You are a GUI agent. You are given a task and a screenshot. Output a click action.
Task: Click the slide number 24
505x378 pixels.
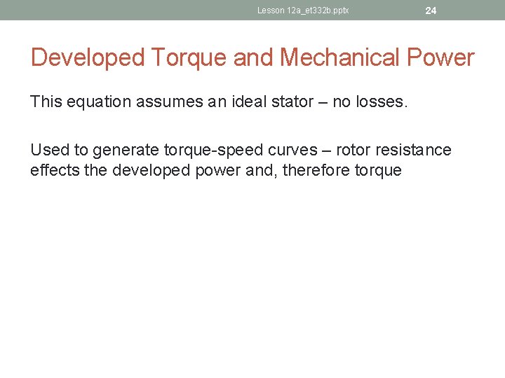[x=431, y=10]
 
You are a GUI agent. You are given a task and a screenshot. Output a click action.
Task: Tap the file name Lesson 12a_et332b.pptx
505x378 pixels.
[x=303, y=10]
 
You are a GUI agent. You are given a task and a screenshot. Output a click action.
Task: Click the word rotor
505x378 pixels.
[x=354, y=150]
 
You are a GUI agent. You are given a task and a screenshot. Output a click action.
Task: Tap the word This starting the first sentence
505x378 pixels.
[x=46, y=102]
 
